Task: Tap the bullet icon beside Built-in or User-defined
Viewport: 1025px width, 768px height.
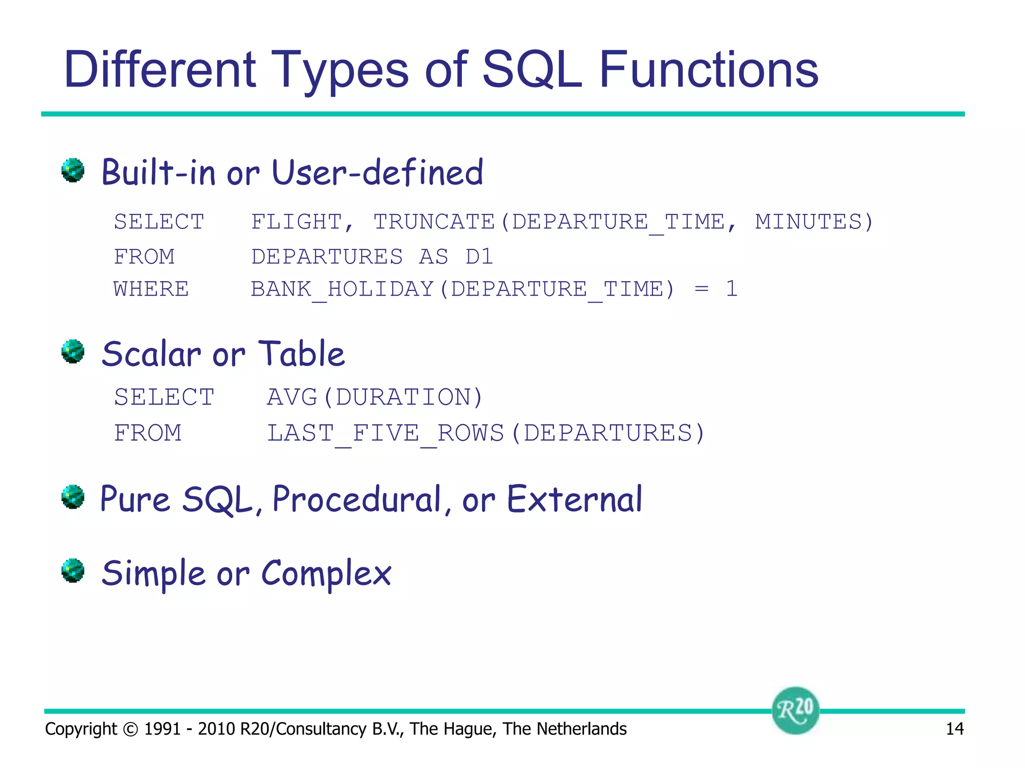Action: point(73,170)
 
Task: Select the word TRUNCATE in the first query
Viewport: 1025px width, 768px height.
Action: point(434,221)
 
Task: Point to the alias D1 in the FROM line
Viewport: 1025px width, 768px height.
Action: point(479,256)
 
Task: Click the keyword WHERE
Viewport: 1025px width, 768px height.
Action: point(151,289)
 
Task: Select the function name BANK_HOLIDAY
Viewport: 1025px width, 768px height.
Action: point(342,289)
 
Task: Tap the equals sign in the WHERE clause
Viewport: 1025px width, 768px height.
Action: point(702,289)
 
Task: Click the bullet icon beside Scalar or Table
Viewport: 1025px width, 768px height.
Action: point(73,351)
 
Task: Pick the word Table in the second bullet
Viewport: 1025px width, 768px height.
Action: point(301,354)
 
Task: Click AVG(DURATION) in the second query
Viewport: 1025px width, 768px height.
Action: point(374,397)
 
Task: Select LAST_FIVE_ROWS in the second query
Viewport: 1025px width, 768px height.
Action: point(385,433)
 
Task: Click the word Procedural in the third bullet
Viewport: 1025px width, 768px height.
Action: point(356,499)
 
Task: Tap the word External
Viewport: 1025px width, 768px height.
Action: point(574,499)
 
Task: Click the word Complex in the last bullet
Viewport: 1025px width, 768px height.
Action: point(326,573)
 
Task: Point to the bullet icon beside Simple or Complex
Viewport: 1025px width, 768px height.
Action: point(73,570)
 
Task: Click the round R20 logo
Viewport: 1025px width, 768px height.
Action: point(795,710)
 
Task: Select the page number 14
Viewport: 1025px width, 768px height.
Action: point(954,729)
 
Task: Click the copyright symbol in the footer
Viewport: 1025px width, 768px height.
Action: point(130,729)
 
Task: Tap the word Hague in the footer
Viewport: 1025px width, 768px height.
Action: point(468,729)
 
